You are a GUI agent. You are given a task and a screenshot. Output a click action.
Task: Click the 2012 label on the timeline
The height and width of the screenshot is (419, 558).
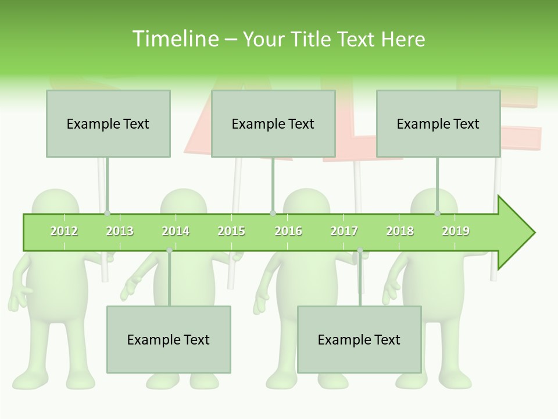pyautogui.click(x=64, y=231)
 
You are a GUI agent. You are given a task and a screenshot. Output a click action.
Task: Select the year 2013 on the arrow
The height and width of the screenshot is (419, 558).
pyautogui.click(x=120, y=231)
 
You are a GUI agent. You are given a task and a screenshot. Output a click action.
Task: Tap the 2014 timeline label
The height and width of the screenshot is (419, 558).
pyautogui.click(x=176, y=231)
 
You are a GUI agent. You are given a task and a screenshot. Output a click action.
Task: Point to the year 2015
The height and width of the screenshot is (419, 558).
pyautogui.click(x=231, y=231)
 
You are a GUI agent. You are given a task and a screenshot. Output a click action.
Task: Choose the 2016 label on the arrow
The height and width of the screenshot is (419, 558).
pyautogui.click(x=288, y=231)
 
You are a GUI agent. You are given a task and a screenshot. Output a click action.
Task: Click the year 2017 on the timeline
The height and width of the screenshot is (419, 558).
pyautogui.click(x=344, y=231)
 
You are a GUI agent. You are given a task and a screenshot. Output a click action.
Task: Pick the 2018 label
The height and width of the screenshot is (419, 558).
pyautogui.click(x=400, y=231)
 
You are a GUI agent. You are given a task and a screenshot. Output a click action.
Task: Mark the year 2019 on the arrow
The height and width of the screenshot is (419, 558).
pyautogui.click(x=456, y=231)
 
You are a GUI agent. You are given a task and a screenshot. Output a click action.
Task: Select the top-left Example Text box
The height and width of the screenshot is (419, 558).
pyautogui.click(x=108, y=123)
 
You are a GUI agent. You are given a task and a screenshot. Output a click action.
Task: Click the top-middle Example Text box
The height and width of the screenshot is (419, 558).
pyautogui.click(x=273, y=123)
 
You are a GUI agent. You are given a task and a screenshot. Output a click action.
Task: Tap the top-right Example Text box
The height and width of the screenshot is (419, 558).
pyautogui.click(x=438, y=123)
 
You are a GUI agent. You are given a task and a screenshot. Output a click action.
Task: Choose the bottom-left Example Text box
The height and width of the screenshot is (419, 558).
pyautogui.click(x=169, y=339)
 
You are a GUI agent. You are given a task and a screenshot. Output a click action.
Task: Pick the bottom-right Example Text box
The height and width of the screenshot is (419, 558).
pyautogui.click(x=359, y=339)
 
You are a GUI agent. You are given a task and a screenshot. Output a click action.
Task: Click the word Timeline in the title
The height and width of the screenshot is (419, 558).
pyautogui.click(x=174, y=39)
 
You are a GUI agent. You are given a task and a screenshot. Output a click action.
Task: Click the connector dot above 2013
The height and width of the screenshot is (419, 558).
pyautogui.click(x=107, y=214)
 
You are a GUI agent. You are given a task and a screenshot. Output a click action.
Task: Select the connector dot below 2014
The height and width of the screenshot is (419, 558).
pyautogui.click(x=169, y=250)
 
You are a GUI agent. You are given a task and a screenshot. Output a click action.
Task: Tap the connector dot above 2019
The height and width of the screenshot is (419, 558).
pyautogui.click(x=437, y=214)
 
